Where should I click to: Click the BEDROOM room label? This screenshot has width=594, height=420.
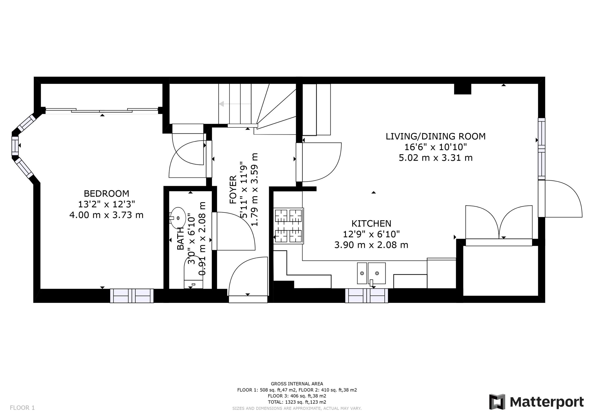point(106,193)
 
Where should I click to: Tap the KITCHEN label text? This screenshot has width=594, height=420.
point(371,223)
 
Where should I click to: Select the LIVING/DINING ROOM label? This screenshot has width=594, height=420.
point(435,136)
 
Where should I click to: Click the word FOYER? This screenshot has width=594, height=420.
point(233,189)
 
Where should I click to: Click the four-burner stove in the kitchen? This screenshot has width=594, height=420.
point(289,226)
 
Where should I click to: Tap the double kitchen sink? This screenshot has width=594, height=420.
point(371,273)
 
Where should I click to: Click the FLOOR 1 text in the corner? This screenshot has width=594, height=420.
point(22,408)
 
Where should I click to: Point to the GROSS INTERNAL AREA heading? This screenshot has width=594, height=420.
point(297,384)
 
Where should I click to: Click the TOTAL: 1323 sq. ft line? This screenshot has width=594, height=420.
point(297,402)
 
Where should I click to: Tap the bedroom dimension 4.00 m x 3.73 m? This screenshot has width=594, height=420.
point(106,215)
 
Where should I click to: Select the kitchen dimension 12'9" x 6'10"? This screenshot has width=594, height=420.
point(371,234)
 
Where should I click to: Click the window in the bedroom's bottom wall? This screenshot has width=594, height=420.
point(132,296)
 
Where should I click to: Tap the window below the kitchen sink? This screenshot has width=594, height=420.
point(366,296)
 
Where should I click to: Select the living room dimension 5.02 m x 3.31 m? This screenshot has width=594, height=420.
point(435,158)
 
